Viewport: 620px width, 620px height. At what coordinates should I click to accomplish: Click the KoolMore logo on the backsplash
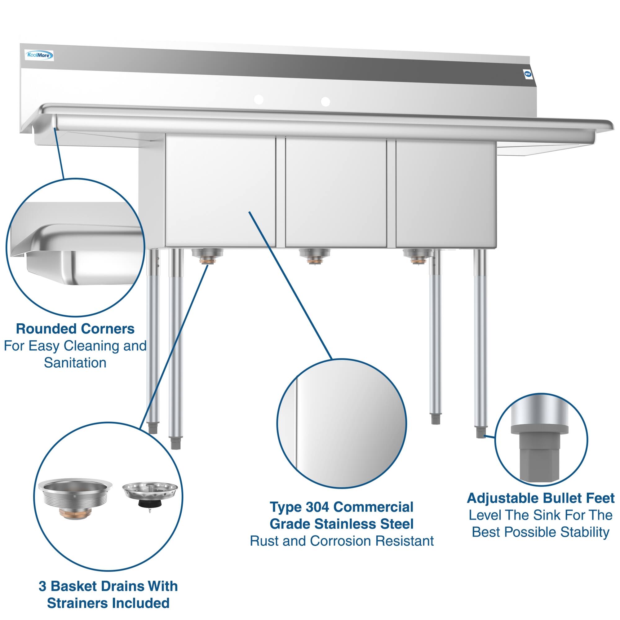pyautogui.click(x=39, y=56)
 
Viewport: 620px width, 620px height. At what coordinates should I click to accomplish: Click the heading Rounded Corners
pyautogui.click(x=75, y=329)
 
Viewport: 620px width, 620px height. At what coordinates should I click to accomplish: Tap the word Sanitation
pyautogui.click(x=75, y=363)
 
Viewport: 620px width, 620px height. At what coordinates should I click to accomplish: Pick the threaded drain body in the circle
pyautogui.click(x=75, y=501)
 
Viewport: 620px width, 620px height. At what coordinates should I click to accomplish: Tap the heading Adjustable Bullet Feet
pyautogui.click(x=540, y=498)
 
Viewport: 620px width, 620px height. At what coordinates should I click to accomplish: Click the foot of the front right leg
pyautogui.click(x=480, y=434)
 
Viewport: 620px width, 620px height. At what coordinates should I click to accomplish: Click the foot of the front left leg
pyautogui.click(x=175, y=444)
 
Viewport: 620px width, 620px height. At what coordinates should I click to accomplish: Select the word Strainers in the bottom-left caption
pyautogui.click(x=86, y=603)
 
